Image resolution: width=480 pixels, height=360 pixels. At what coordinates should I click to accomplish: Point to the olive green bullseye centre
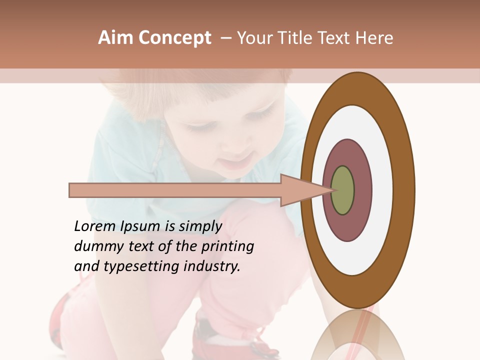[342, 190]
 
